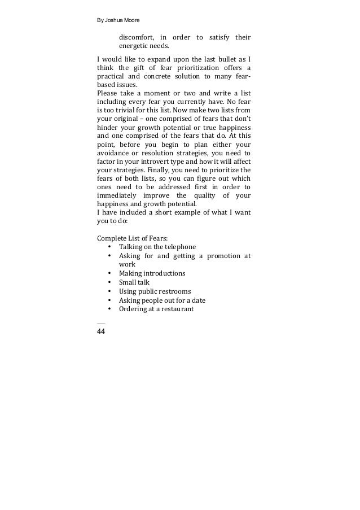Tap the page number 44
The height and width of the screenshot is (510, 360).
tap(101, 331)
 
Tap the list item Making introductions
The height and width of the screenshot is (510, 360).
tap(152, 273)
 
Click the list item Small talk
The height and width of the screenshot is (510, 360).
tap(134, 282)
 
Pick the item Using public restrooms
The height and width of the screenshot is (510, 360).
tap(155, 291)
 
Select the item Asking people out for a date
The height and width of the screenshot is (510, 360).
tap(162, 300)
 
